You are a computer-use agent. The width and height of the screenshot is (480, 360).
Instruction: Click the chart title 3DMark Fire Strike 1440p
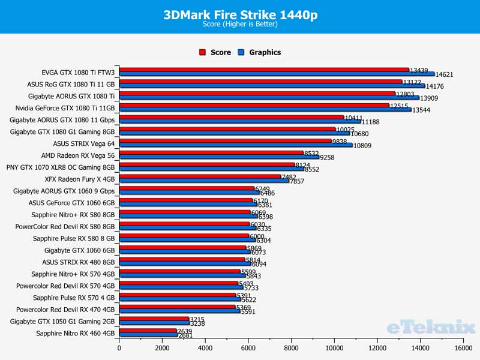coord(240,14)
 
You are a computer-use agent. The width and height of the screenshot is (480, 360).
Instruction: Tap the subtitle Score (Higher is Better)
coord(240,25)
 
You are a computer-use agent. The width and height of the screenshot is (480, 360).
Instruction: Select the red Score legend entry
coord(215,52)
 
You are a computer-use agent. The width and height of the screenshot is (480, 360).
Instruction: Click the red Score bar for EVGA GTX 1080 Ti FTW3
coord(264,70)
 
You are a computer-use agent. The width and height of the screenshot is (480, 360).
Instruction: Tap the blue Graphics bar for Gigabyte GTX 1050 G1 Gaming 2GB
coord(154,322)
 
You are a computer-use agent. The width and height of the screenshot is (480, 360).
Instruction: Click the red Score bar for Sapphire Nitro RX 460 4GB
coord(148,330)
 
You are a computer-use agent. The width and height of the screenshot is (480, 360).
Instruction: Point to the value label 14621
coord(445,75)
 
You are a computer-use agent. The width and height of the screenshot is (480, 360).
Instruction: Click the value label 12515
coord(400,106)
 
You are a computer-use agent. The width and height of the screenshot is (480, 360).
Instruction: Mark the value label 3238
coord(199,323)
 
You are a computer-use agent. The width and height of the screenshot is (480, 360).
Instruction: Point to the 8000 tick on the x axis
coord(291,347)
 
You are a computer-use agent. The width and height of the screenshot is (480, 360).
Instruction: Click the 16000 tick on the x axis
coord(463,347)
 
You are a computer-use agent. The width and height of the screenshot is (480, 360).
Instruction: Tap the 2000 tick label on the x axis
coord(162,347)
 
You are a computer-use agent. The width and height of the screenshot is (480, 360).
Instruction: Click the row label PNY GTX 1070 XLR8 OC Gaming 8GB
coord(60,167)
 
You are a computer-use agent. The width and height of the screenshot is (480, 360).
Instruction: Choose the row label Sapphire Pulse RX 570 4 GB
coord(73,298)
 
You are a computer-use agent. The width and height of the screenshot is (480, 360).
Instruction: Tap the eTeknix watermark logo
coord(430,327)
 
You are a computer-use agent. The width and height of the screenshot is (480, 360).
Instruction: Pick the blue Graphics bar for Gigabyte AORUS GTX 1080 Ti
coord(269,97)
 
